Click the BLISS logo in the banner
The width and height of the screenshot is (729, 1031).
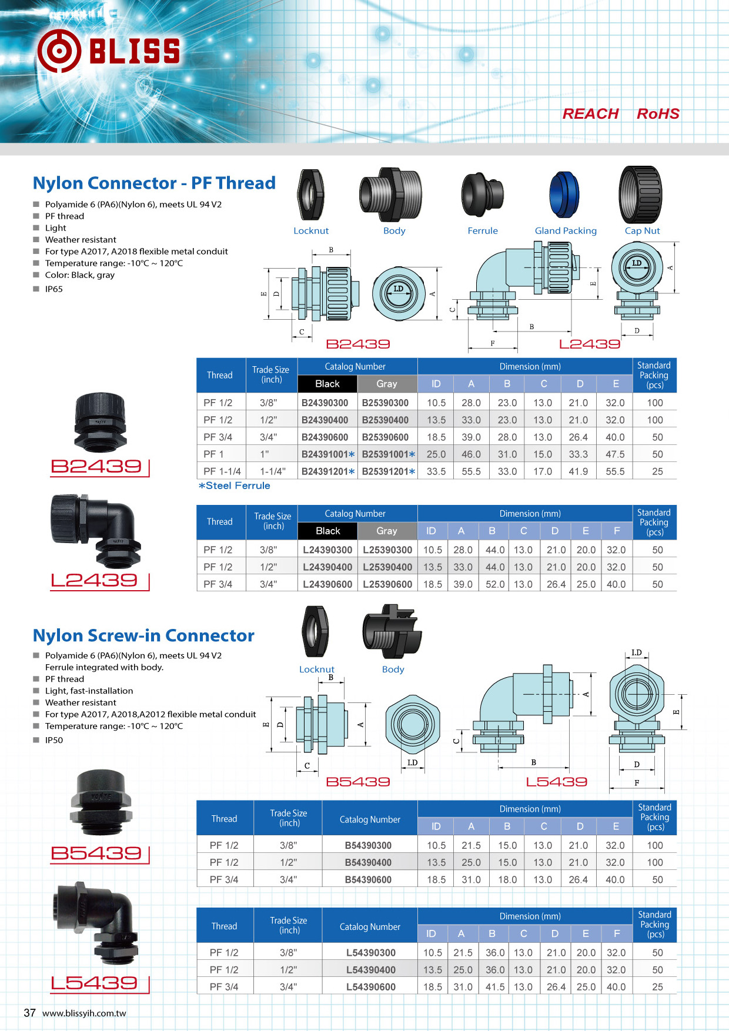click(109, 51)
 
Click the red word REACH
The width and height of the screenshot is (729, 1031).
click(590, 114)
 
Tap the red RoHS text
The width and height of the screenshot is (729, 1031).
click(658, 114)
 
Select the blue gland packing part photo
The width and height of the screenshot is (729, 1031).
click(564, 195)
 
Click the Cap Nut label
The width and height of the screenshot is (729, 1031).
click(642, 231)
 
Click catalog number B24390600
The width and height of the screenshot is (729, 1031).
click(325, 437)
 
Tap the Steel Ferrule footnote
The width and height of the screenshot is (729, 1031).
click(234, 486)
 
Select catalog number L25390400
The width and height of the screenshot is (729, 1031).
click(387, 567)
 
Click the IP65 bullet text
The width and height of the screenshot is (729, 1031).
click(53, 289)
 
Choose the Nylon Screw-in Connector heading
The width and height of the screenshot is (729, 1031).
click(143, 635)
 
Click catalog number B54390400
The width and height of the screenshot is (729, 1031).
click(368, 862)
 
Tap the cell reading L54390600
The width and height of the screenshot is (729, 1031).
click(370, 987)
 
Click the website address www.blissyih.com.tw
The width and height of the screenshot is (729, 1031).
click(84, 1013)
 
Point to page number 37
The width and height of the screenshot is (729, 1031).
click(29, 1013)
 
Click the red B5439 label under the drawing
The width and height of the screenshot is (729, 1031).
click(357, 782)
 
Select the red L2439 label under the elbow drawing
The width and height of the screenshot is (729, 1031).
click(589, 344)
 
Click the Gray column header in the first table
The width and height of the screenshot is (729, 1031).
click(387, 384)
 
